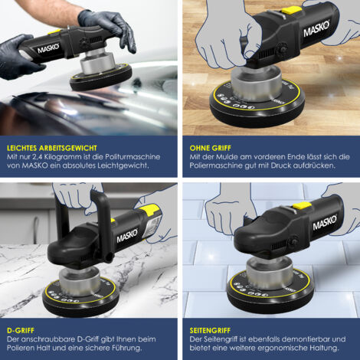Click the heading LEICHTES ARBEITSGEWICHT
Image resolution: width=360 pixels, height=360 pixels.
[x=52, y=148]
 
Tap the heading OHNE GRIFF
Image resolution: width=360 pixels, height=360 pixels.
[x=210, y=148]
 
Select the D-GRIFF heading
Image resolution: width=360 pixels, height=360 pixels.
[x=21, y=331]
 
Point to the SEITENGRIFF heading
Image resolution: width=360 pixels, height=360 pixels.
[x=210, y=331]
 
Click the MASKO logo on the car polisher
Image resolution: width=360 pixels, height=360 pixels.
[x=48, y=48]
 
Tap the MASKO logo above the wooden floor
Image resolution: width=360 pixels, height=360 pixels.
[x=316, y=28]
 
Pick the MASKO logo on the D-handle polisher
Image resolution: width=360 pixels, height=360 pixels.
[x=127, y=236]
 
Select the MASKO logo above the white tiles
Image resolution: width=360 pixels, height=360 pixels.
[x=325, y=223]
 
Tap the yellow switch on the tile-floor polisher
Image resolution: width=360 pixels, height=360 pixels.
[x=302, y=205]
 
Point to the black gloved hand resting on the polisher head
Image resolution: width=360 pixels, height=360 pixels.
[x=109, y=27]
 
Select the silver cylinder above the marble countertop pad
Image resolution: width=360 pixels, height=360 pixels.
[x=79, y=281]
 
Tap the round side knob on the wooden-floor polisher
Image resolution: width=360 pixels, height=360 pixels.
[x=280, y=48]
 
